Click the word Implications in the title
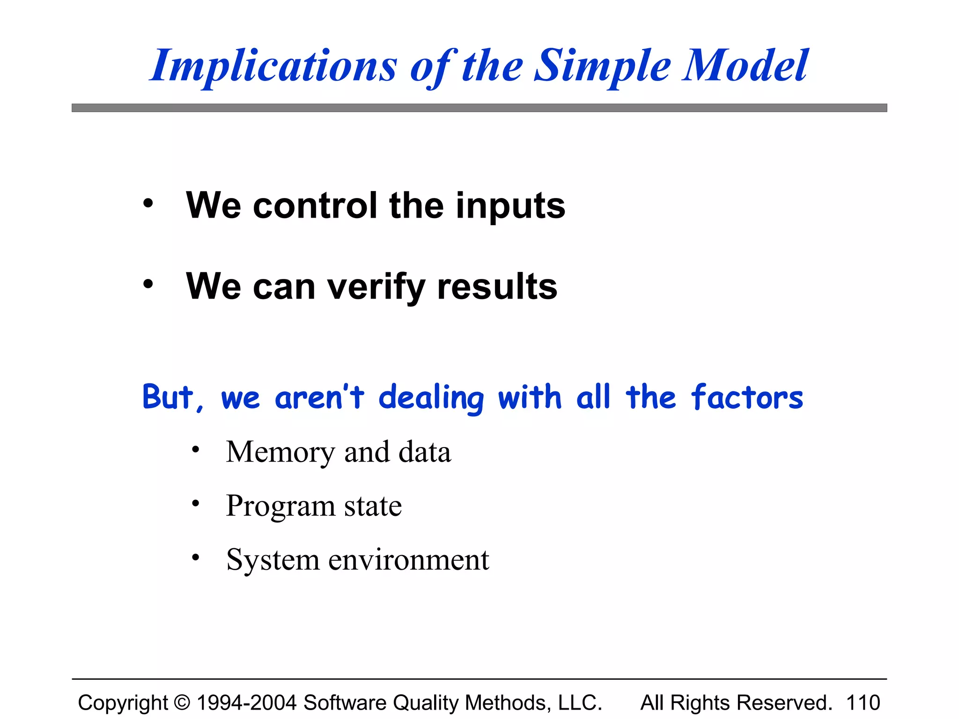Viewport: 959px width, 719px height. [x=273, y=66]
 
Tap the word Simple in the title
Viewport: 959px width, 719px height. [x=603, y=66]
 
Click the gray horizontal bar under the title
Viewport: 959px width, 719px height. [x=479, y=108]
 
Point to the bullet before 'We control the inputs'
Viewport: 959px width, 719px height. [x=148, y=203]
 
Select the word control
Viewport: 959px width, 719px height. [x=315, y=206]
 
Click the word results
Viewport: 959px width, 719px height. [x=497, y=286]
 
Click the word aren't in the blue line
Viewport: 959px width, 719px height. [x=319, y=397]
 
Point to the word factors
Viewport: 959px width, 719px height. [x=747, y=397]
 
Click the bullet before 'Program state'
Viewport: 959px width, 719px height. [x=196, y=504]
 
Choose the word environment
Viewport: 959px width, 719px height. [x=408, y=560]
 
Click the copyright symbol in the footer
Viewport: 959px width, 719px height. [x=182, y=703]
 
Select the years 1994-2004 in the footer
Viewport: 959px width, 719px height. [x=246, y=703]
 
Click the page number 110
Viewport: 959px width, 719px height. [x=863, y=703]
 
